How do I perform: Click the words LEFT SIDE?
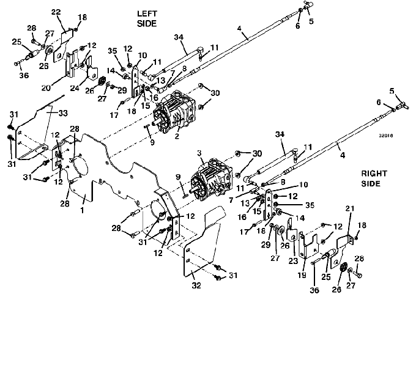[x=147, y=18]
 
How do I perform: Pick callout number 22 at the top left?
[x=56, y=12]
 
